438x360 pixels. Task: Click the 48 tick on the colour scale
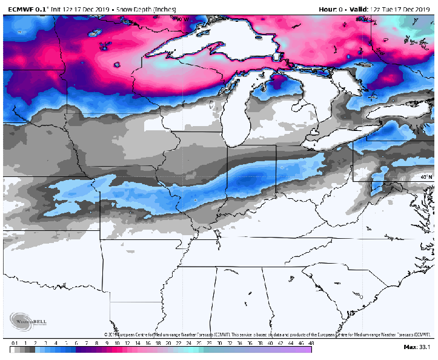click(310, 343)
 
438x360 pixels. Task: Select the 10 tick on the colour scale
click(118, 343)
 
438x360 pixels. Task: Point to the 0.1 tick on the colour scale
click(13, 343)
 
